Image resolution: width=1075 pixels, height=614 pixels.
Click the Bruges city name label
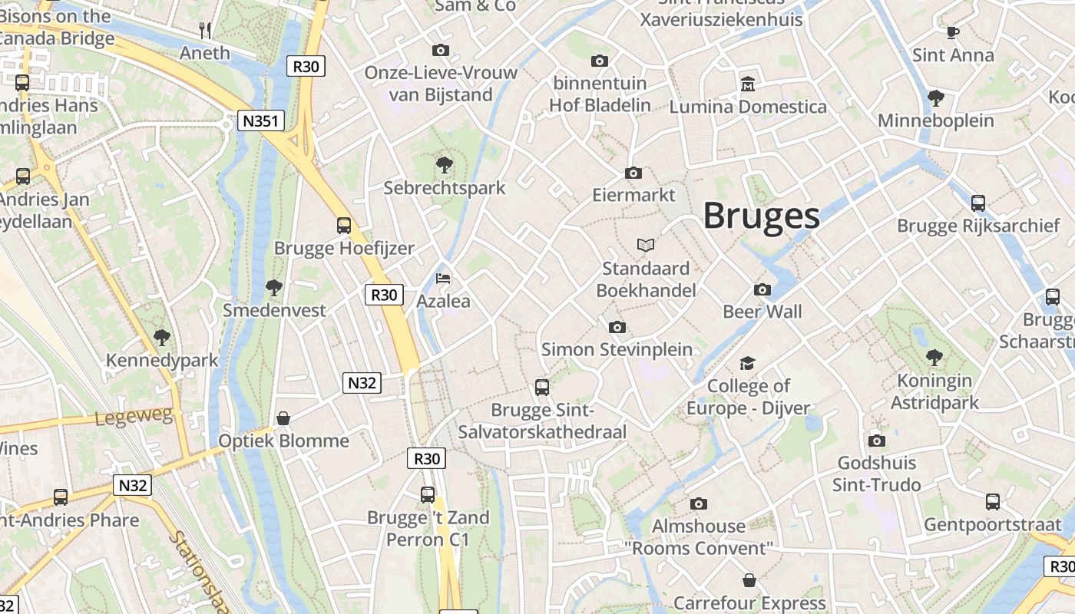pyautogui.click(x=761, y=216)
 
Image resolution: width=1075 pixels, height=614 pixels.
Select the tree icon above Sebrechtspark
pyautogui.click(x=444, y=163)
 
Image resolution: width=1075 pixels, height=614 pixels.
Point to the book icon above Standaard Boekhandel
pyautogui.click(x=646, y=245)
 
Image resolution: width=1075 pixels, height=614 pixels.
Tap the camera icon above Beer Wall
pyautogui.click(x=762, y=289)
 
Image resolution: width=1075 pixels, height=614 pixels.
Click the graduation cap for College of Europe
pyautogui.click(x=747, y=363)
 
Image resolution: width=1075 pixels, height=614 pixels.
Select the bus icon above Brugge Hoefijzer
pyautogui.click(x=343, y=225)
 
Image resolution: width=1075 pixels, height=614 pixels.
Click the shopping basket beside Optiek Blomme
pyautogui.click(x=283, y=418)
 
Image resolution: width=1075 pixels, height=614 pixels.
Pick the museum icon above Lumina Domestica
pyautogui.click(x=747, y=83)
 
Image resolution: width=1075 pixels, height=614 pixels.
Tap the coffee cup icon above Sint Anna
pyautogui.click(x=952, y=31)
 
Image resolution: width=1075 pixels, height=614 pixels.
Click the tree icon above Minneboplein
pyautogui.click(x=935, y=97)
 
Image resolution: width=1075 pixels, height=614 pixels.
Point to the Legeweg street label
pyautogui.click(x=134, y=417)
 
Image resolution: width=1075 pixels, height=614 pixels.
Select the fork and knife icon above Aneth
pyautogui.click(x=204, y=30)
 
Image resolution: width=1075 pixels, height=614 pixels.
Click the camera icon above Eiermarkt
pyautogui.click(x=633, y=173)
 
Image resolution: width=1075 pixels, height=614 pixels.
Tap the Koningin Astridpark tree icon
pyautogui.click(x=934, y=357)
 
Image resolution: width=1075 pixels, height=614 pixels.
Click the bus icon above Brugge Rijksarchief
pyautogui.click(x=977, y=203)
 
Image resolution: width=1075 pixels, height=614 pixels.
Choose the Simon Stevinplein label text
pyautogui.click(x=617, y=349)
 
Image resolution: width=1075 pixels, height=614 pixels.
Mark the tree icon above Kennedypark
pyautogui.click(x=161, y=337)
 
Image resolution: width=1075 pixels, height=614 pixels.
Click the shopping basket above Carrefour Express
pyautogui.click(x=749, y=580)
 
